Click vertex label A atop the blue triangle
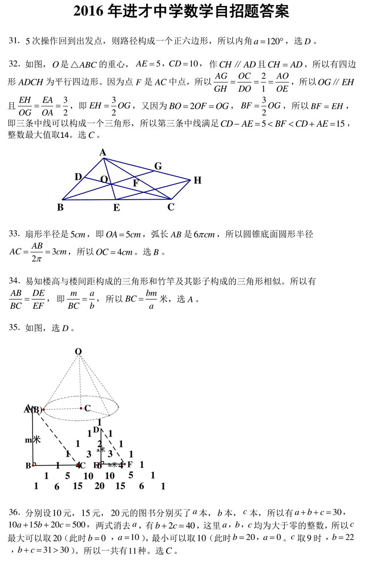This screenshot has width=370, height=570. point(103,153)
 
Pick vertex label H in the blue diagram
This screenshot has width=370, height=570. point(197,180)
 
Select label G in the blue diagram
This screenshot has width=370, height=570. point(158,166)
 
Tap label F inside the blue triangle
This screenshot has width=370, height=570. point(136,183)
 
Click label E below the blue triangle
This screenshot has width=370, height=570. point(116,208)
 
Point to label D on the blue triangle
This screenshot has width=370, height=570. point(78,177)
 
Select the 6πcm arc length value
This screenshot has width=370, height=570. point(201,235)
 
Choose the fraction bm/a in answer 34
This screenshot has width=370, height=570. point(151,300)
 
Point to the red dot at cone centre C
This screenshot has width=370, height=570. point(81,408)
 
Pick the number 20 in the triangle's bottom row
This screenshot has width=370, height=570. point(99,486)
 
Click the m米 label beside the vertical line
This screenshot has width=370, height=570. point(33,440)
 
